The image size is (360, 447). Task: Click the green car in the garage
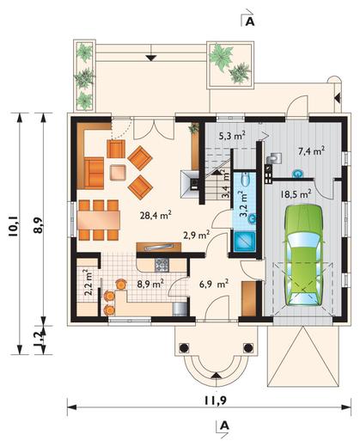click(304, 255)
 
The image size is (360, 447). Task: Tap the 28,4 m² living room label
click(156, 215)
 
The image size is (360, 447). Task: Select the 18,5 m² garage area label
click(296, 194)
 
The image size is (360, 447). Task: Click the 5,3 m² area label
click(232, 135)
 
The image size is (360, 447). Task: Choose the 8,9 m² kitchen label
click(150, 284)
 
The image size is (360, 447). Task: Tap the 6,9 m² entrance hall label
click(213, 284)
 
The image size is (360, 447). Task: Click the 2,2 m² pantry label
click(88, 282)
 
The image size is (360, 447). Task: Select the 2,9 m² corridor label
click(197, 235)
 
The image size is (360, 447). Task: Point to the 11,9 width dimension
click(215, 401)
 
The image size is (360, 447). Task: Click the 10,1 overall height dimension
click(13, 226)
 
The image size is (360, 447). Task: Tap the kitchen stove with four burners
click(162, 265)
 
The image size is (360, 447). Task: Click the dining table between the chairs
click(99, 220)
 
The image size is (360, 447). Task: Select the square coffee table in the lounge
click(118, 173)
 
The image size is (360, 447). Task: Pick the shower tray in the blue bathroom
click(244, 242)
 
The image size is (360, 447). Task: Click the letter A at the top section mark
click(250, 22)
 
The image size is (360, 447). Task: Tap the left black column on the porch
click(184, 348)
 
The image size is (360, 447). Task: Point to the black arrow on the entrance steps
click(217, 376)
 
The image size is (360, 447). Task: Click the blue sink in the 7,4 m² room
click(298, 174)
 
